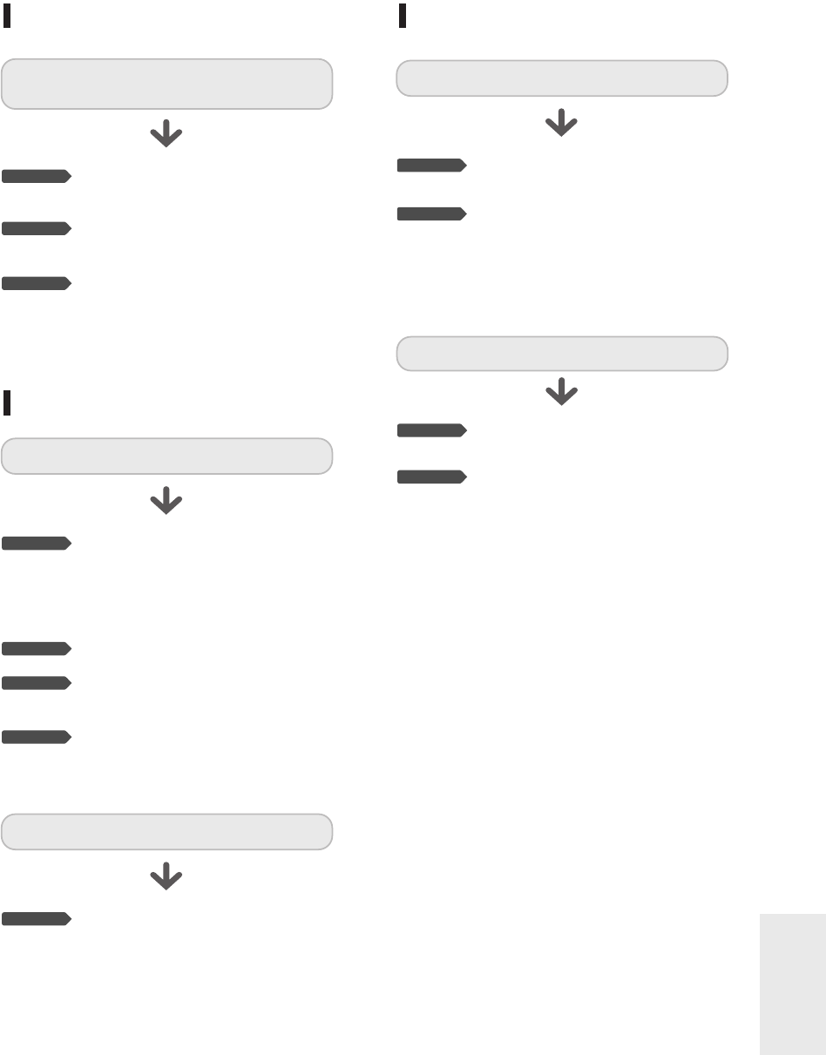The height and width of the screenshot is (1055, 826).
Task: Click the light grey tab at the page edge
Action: [792, 984]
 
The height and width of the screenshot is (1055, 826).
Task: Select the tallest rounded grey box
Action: [166, 84]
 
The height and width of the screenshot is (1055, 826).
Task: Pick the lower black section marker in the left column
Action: [7, 402]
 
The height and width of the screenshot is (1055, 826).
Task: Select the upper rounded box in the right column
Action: [562, 78]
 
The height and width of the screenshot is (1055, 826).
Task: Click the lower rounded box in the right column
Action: [562, 354]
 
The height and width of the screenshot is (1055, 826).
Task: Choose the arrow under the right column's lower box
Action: [561, 394]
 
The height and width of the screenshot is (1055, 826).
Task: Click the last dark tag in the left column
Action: [36, 918]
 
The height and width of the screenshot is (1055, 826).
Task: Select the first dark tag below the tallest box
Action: [36, 177]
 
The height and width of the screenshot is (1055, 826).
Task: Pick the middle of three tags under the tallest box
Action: [36, 229]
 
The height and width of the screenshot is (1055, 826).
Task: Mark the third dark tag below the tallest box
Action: [36, 283]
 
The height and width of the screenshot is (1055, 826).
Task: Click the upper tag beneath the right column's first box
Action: [431, 166]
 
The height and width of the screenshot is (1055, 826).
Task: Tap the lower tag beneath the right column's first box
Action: [431, 214]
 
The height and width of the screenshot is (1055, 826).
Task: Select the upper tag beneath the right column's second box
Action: [431, 430]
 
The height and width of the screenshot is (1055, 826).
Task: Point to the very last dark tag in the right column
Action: [431, 477]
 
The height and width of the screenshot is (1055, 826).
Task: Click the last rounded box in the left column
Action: [166, 831]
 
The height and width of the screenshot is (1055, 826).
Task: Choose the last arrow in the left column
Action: [166, 879]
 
